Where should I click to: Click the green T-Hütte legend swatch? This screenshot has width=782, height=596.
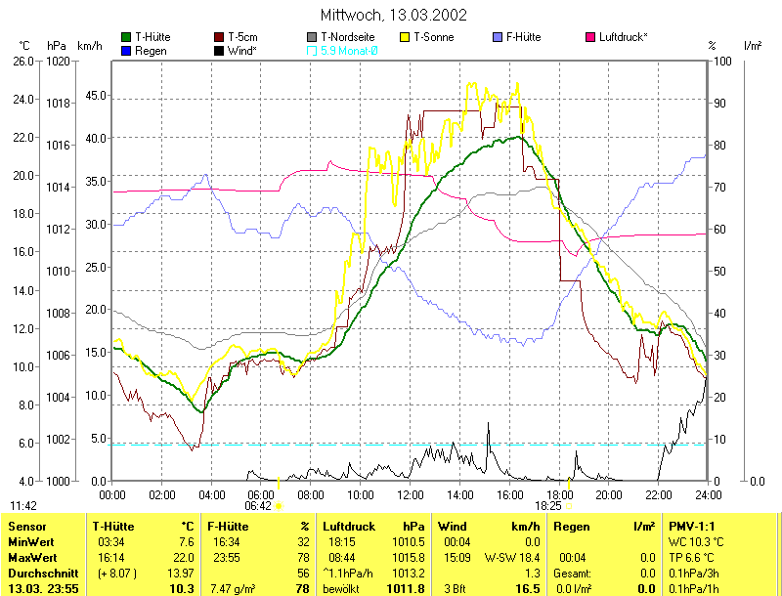(126, 37)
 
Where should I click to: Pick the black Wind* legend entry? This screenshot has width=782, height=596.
(235, 50)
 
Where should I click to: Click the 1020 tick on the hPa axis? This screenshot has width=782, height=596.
(58, 62)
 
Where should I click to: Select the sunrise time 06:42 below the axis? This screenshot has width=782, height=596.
(257, 506)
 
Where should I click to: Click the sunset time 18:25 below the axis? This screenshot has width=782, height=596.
(547, 506)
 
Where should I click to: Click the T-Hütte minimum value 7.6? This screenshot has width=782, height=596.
(185, 541)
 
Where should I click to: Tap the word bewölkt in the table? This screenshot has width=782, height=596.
(343, 588)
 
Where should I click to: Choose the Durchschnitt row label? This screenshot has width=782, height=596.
(39, 573)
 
